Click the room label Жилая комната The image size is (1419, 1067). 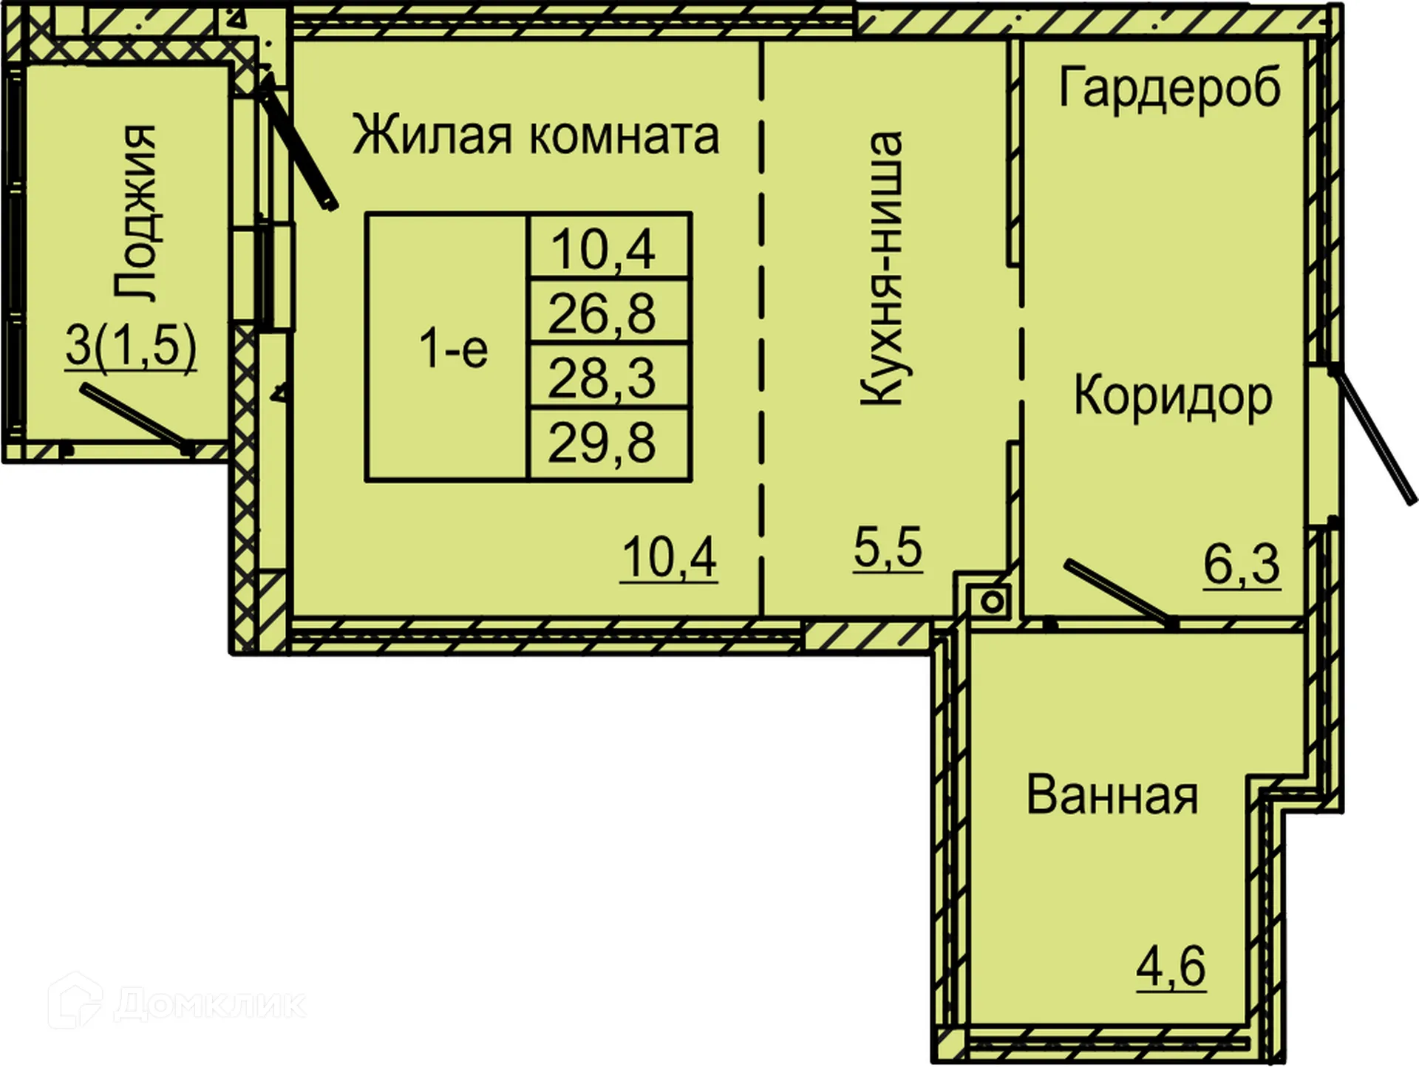(535, 135)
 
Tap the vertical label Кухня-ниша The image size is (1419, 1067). (882, 268)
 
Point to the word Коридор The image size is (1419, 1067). (1173, 397)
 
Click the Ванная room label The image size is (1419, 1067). (1112, 796)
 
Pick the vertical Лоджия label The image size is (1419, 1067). (136, 213)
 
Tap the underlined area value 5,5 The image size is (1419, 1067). (888, 548)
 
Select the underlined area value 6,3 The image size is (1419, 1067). (1242, 565)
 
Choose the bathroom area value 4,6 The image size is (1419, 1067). (1171, 966)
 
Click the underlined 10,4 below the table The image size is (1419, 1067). (669, 558)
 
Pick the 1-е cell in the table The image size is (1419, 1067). (452, 349)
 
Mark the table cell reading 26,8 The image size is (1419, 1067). (602, 313)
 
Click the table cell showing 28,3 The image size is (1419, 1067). (602, 378)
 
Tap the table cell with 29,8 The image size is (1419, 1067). (602, 443)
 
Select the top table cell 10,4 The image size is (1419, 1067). (603, 249)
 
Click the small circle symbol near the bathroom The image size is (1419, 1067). (993, 601)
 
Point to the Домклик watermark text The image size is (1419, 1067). (210, 1004)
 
